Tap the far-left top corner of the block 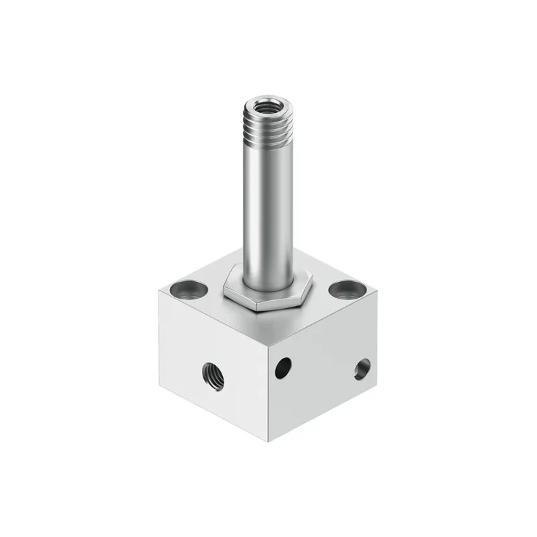[x=158, y=291]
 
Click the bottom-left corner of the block [x=159, y=389]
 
